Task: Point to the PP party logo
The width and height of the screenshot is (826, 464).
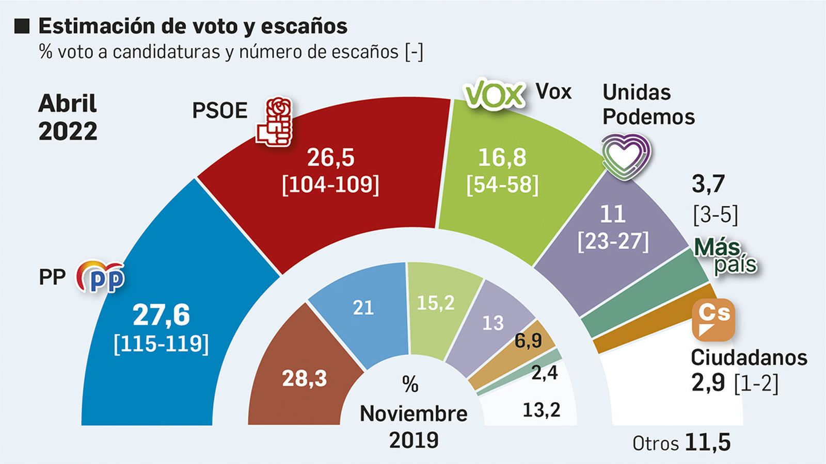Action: coord(101,277)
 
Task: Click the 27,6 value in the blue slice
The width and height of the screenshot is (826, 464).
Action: coord(161,315)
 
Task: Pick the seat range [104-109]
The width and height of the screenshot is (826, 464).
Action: coord(330,184)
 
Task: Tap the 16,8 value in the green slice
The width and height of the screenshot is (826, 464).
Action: coord(502,157)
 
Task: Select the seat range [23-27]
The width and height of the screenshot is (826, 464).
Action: coord(613,241)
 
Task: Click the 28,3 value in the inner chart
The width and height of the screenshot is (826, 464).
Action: coord(305,379)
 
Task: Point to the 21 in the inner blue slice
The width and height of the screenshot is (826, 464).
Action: coord(363,308)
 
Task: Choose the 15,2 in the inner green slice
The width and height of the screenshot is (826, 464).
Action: coord(435,303)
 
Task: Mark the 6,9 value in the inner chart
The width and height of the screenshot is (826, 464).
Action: coord(528,340)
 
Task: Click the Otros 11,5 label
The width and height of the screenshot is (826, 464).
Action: coord(681,443)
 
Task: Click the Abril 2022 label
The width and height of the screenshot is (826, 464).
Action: coord(68,118)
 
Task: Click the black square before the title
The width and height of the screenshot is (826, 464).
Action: coord(22,26)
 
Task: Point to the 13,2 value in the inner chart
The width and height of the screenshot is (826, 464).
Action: coord(541,410)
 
